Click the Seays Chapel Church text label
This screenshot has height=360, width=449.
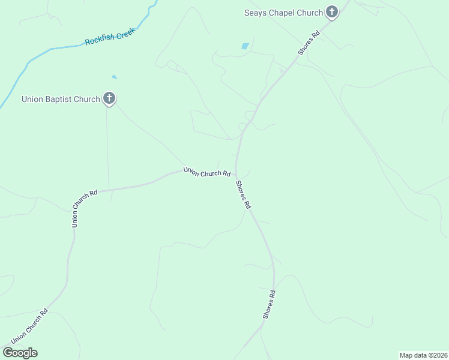[x=283, y=13]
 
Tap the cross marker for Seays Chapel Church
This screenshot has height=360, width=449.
[x=332, y=12]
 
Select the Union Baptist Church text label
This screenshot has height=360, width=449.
[x=61, y=99]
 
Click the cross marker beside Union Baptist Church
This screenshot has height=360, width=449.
[x=109, y=98]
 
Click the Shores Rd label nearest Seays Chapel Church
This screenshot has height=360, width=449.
[x=309, y=43]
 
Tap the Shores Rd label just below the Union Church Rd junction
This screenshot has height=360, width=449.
[x=243, y=194]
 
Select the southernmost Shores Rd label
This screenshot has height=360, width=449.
[x=268, y=304]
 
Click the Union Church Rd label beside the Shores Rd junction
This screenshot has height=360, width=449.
[x=207, y=172]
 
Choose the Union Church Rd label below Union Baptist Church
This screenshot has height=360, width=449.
[x=85, y=209]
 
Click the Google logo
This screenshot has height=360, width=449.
[x=20, y=353]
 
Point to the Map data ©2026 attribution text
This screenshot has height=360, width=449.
[x=423, y=355]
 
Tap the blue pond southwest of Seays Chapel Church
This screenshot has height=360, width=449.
[x=245, y=46]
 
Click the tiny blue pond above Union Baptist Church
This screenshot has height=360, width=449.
[x=114, y=77]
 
